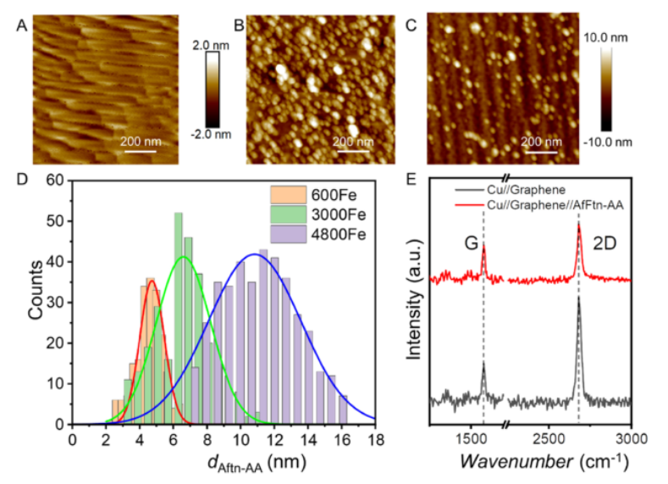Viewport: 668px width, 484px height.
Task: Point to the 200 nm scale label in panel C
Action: [543, 141]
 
